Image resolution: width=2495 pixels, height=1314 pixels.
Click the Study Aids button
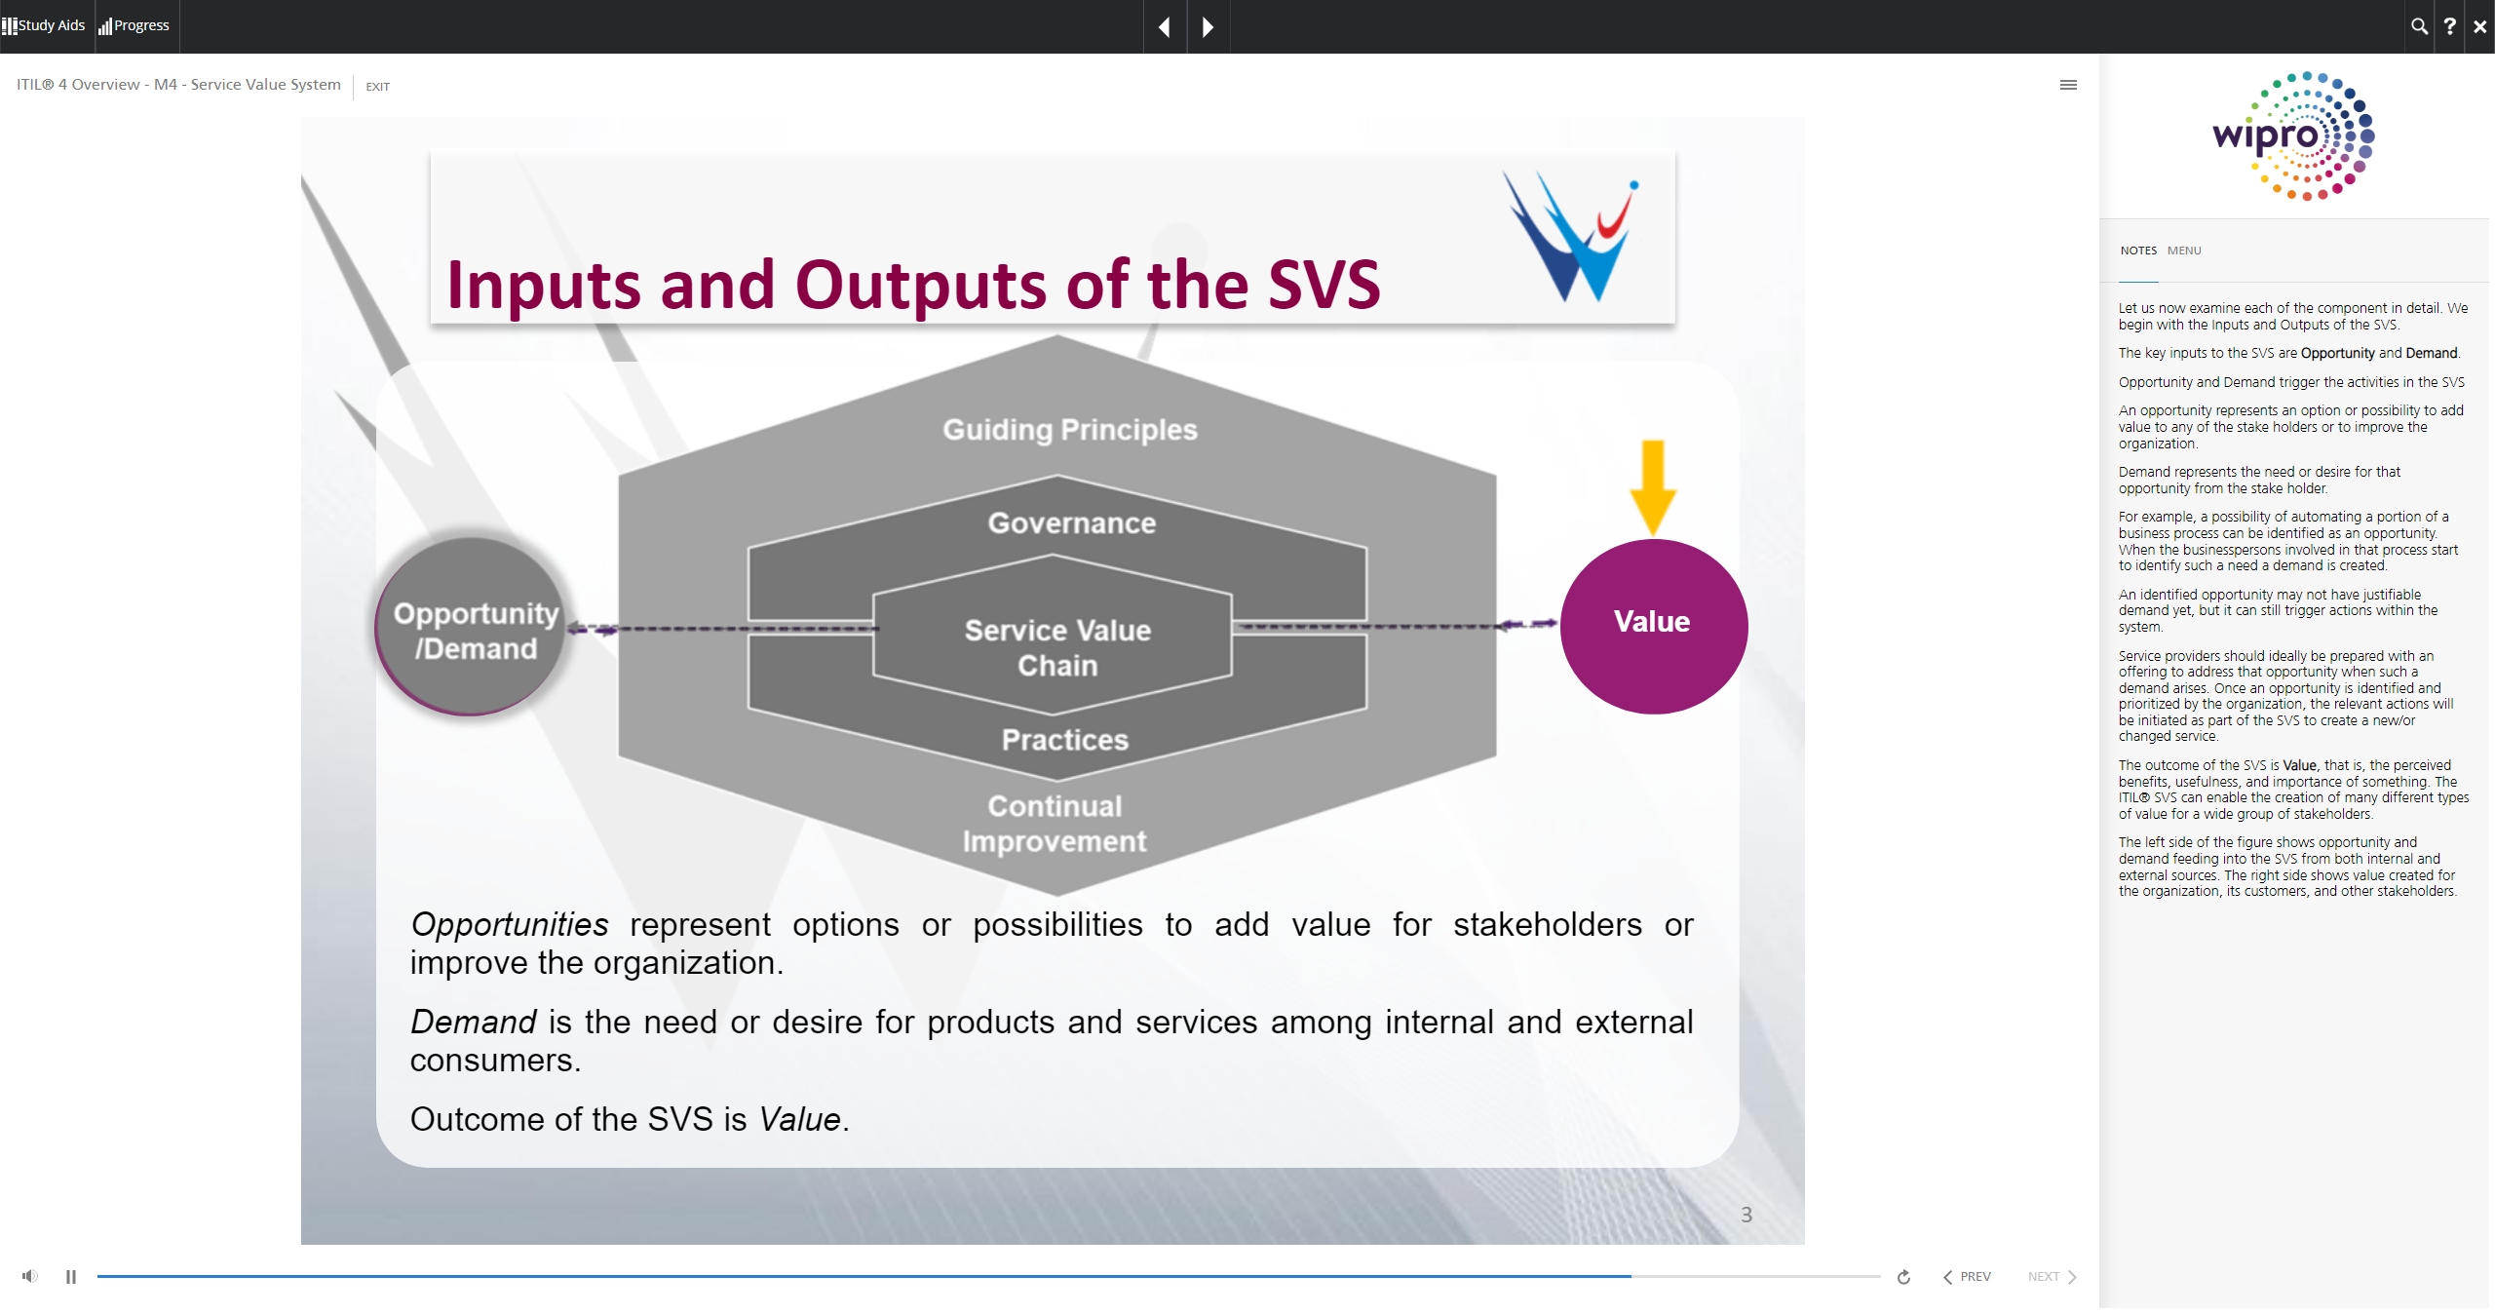coord(44,25)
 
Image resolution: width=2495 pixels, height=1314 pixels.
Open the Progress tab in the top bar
coord(134,25)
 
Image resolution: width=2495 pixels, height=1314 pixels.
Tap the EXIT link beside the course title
coord(377,87)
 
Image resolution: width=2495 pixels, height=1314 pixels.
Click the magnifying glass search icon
coord(2419,26)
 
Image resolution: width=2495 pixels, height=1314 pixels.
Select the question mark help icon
coord(2449,26)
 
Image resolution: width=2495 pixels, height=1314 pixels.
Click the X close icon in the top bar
coord(2479,26)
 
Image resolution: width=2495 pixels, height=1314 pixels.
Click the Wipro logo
coord(2293,135)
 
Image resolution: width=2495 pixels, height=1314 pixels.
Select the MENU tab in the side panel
coord(2184,251)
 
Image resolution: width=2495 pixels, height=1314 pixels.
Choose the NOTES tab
coord(2138,251)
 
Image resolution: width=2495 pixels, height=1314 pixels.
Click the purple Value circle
coord(1653,626)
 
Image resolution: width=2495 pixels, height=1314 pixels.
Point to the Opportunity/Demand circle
coord(472,627)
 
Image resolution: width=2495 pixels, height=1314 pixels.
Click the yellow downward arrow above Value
coord(1653,486)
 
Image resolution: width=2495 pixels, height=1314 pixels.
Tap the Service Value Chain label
coord(1057,648)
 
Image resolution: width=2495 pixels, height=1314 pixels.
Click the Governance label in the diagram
coord(1072,523)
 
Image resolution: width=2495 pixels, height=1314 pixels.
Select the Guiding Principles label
coord(1070,430)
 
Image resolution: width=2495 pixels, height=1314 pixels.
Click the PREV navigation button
coord(1967,1277)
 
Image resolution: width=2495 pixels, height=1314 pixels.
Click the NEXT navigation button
coord(2052,1277)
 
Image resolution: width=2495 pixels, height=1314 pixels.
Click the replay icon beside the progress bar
coord(1903,1277)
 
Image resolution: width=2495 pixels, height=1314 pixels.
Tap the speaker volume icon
coord(30,1276)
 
